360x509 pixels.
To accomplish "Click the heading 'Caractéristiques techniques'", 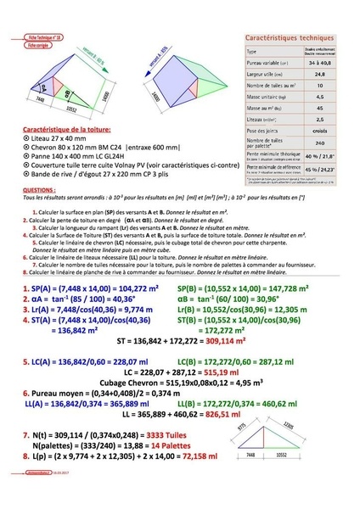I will (288, 39).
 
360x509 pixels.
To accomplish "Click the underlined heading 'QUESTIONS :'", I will (40, 192).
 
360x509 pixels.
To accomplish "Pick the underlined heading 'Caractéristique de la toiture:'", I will (60, 132).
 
